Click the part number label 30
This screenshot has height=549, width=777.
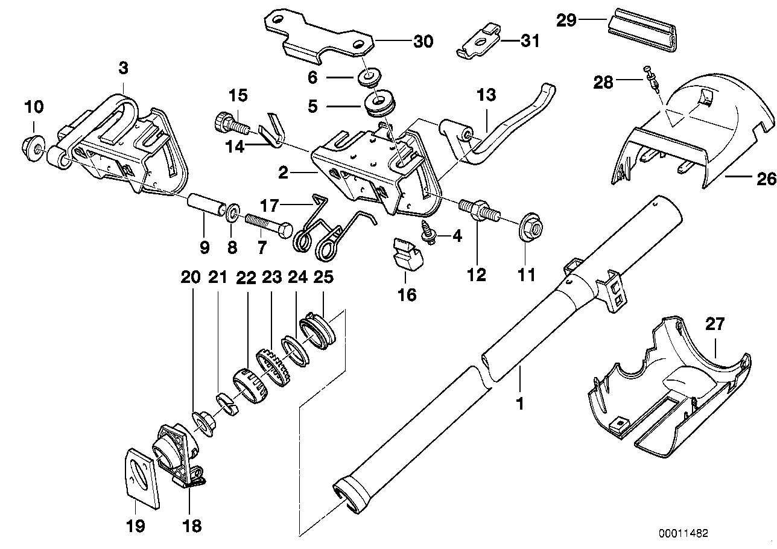(422, 41)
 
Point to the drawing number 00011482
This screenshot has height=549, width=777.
(683, 533)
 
